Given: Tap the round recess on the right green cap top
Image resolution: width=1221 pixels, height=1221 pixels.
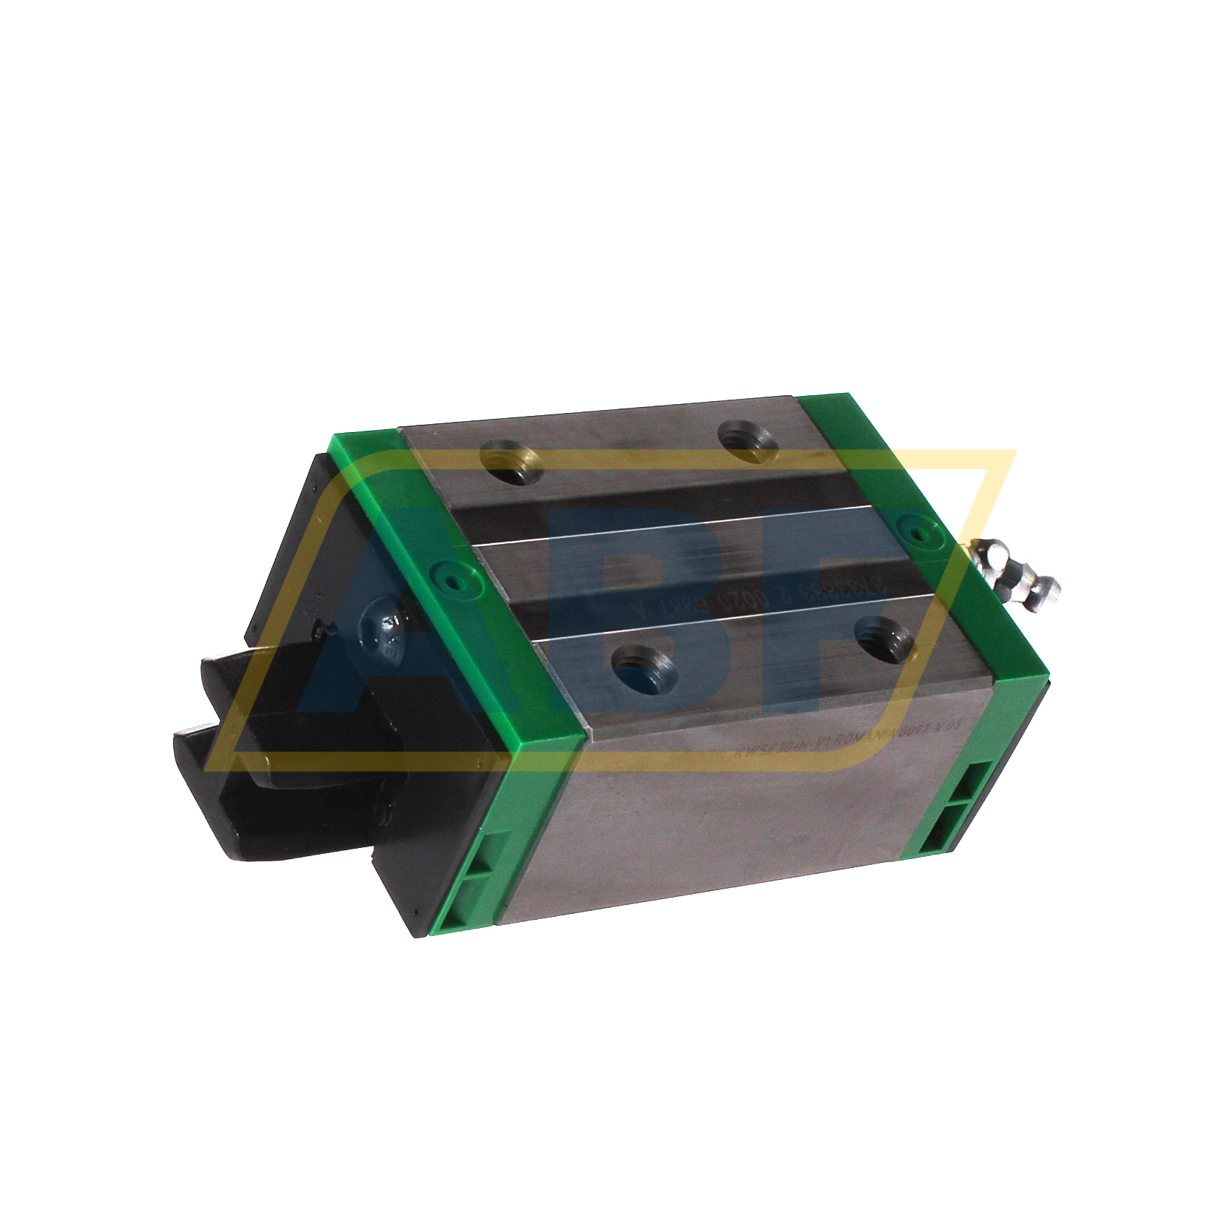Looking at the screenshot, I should [x=915, y=530].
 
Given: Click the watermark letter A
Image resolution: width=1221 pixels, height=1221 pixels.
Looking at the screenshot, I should [x=385, y=636].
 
